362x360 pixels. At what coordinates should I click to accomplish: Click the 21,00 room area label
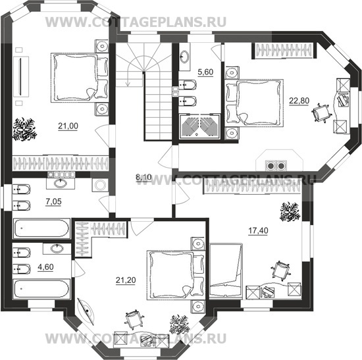point(68,126)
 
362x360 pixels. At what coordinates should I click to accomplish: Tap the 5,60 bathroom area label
point(205,72)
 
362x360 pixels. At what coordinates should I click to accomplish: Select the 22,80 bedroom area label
point(299,101)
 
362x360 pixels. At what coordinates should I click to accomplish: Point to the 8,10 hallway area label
point(143,178)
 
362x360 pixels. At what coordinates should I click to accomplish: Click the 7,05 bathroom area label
point(53,201)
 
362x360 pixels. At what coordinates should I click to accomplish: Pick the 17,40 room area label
point(258,230)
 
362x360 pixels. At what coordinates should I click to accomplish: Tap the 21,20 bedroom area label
point(126,280)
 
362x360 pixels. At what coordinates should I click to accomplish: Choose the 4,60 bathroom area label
point(45,267)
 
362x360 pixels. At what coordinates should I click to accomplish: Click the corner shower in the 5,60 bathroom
point(199,126)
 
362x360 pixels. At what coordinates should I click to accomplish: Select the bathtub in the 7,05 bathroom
point(41,228)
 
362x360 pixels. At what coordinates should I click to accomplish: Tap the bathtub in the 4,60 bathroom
point(41,290)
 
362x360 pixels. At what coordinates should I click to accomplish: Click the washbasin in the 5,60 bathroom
point(184,56)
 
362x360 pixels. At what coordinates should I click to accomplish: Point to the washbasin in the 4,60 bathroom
point(57,249)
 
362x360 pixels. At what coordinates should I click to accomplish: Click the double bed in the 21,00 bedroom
point(80,78)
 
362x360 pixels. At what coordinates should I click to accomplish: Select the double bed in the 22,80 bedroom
point(255,103)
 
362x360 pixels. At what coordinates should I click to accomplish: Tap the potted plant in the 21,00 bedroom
point(25,130)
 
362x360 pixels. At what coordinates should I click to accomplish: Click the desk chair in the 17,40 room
point(280,271)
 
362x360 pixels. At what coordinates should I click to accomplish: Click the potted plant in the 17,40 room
point(290,211)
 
